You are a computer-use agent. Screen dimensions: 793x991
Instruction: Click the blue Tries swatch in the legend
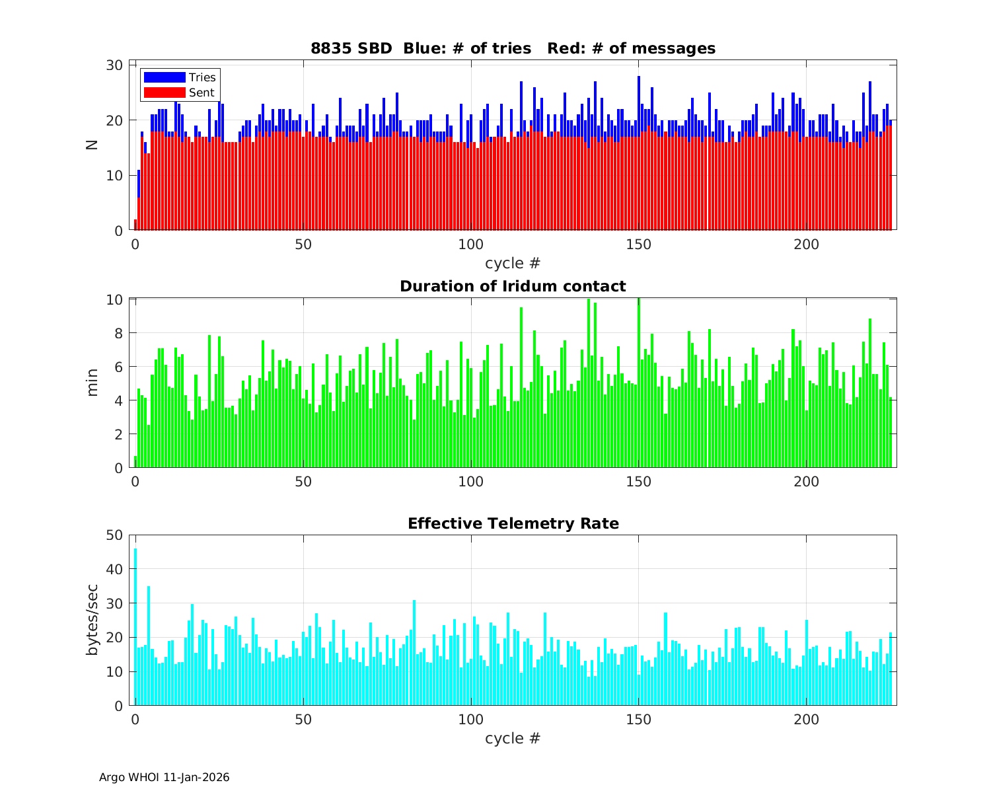pos(165,77)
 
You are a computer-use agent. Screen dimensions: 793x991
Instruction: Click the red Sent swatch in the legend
pos(165,93)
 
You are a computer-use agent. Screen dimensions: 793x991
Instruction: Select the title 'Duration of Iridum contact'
pos(513,286)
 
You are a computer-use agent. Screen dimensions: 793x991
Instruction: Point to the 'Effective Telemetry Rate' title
pos(513,523)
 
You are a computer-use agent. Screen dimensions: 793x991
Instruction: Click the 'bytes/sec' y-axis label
pos(92,620)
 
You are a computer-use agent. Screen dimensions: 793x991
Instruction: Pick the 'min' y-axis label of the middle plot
pos(92,383)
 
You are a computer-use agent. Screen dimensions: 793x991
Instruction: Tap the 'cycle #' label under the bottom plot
pos(513,738)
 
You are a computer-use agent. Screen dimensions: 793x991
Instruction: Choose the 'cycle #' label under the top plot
pos(513,263)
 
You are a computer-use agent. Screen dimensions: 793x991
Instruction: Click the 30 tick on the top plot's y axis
pos(115,65)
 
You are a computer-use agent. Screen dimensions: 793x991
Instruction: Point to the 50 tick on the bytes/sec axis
pos(115,535)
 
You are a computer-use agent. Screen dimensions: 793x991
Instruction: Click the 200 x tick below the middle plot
pos(806,481)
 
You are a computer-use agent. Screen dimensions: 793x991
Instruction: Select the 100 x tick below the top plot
pos(470,244)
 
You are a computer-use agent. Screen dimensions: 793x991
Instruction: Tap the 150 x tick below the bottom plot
pos(638,719)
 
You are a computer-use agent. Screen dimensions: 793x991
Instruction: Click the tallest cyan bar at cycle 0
pos(135,628)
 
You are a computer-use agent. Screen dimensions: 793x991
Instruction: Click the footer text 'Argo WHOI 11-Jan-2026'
pos(165,777)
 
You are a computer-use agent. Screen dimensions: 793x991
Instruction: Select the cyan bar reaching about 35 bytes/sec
pos(149,648)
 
